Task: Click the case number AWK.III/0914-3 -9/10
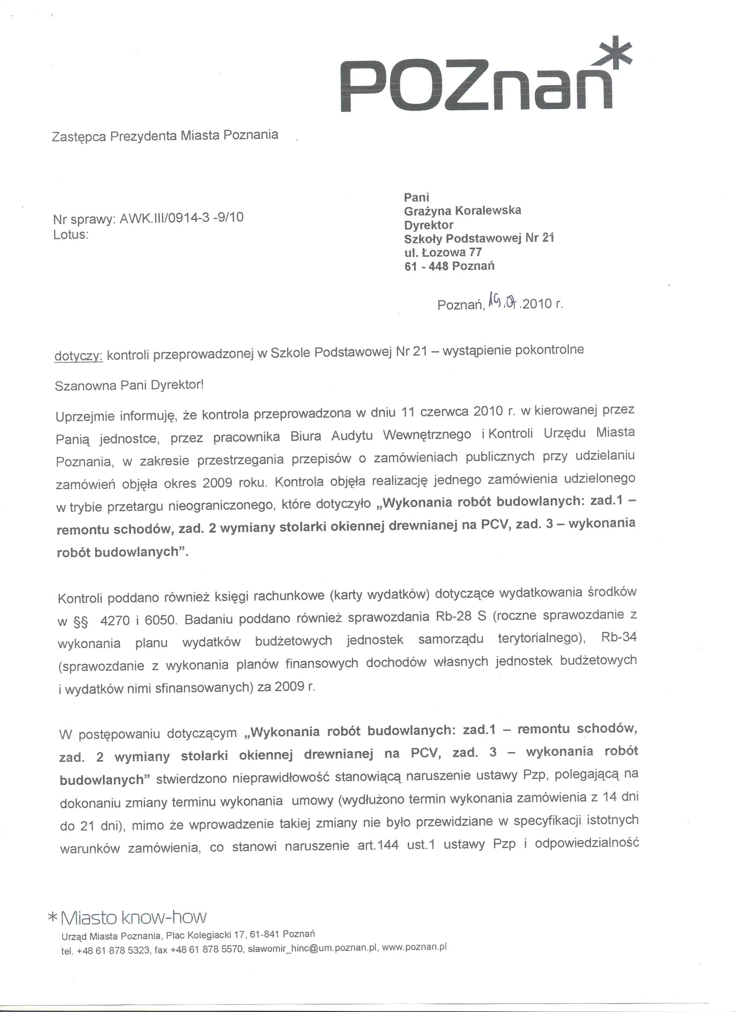(x=182, y=218)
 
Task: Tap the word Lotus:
(x=70, y=235)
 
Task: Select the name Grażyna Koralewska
(x=462, y=210)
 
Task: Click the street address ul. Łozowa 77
(x=442, y=252)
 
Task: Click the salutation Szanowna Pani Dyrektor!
(x=129, y=385)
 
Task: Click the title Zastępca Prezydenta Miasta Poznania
(x=165, y=135)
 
